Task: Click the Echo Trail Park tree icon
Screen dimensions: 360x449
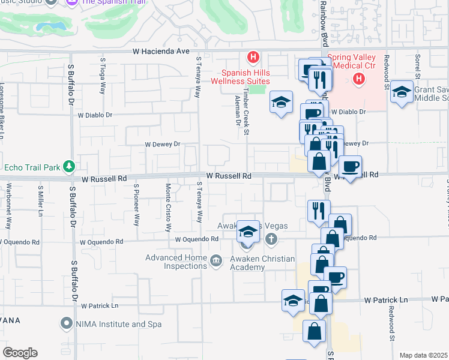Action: click(70, 166)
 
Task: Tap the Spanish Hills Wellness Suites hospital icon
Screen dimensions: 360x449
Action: click(253, 58)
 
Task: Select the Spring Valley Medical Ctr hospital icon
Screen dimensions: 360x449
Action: click(359, 79)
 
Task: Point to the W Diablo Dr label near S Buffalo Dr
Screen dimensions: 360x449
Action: click(95, 115)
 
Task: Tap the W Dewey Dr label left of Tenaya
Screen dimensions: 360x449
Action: click(163, 144)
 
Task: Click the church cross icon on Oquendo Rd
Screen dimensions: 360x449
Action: click(271, 239)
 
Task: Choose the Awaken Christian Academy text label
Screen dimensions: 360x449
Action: click(263, 263)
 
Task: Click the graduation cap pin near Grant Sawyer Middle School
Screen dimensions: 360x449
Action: click(402, 92)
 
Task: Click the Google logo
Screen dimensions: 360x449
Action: click(20, 353)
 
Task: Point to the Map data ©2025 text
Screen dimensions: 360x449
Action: click(423, 355)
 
